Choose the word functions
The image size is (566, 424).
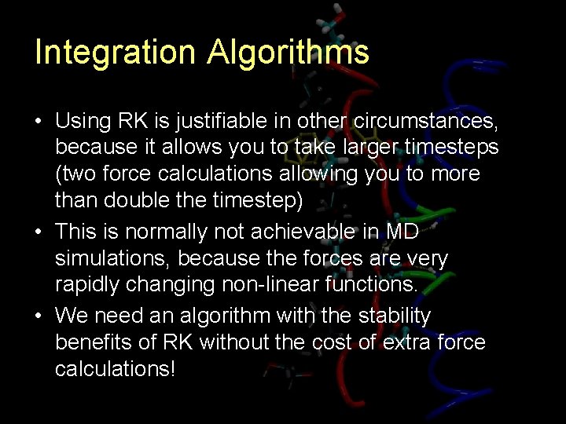373,284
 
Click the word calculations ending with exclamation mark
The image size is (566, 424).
115,368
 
